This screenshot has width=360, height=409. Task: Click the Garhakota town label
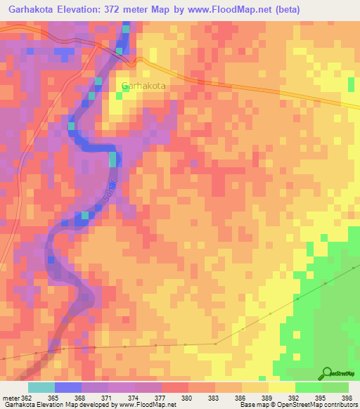tap(143, 86)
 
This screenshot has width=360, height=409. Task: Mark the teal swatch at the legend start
tap(41, 387)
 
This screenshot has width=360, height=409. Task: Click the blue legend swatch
tap(67, 387)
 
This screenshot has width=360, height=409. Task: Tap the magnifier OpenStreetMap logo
tap(327, 372)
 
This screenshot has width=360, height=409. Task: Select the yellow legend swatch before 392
tap(281, 387)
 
